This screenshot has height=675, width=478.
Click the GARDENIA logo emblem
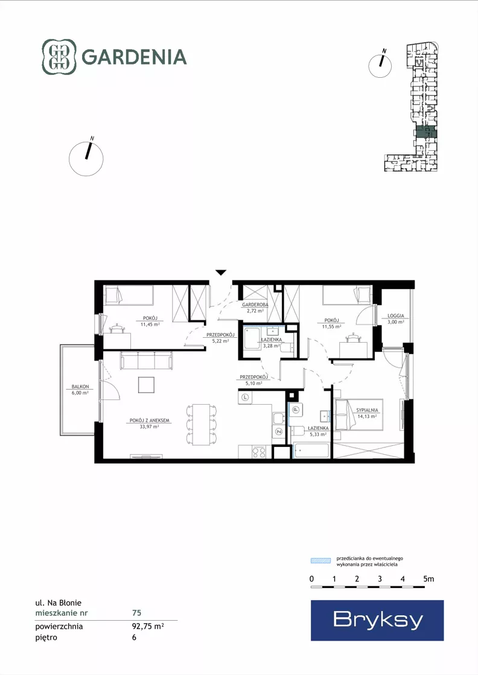(59, 57)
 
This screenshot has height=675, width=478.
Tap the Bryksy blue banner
(377, 620)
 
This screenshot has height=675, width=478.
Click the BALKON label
(80, 387)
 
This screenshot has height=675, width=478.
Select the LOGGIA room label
(396, 315)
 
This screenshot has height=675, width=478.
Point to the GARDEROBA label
(255, 305)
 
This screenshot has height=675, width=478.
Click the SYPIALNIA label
(367, 410)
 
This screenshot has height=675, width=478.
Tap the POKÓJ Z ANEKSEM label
(150, 420)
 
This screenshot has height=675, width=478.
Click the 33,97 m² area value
(150, 426)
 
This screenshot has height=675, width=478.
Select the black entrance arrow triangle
(221, 272)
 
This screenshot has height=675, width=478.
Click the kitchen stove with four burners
(259, 452)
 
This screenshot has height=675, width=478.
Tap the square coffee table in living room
(147, 385)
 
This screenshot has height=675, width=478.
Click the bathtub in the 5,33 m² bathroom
(311, 451)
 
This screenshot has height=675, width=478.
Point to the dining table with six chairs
(201, 425)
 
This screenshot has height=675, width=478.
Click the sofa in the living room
(146, 360)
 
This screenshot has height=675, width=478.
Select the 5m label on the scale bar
(429, 579)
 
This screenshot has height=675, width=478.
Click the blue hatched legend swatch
(321, 561)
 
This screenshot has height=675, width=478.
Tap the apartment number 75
(136, 613)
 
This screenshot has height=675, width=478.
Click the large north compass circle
(86, 159)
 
